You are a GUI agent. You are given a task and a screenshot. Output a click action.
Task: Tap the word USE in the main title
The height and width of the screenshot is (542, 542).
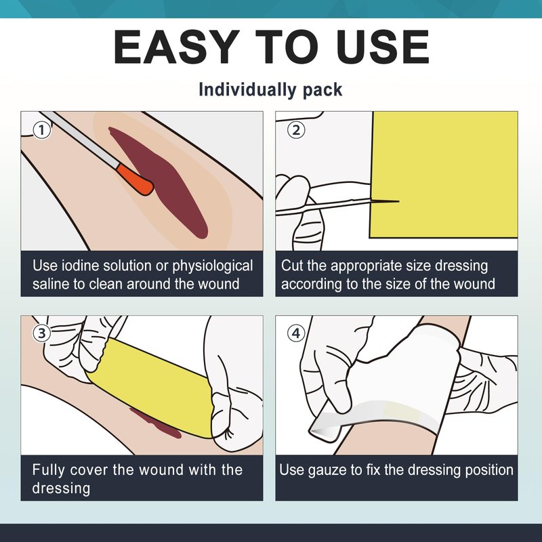(x=384, y=47)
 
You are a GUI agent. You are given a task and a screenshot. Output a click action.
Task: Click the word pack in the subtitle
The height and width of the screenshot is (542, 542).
(x=322, y=91)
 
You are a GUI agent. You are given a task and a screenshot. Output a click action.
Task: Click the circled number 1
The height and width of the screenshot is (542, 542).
(x=42, y=131)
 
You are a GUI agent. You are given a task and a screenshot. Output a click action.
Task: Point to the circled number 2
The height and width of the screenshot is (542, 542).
(x=296, y=131)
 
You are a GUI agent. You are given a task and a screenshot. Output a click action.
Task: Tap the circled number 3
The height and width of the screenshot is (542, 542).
(x=42, y=333)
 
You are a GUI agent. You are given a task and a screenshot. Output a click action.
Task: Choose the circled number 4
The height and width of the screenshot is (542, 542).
(x=296, y=333)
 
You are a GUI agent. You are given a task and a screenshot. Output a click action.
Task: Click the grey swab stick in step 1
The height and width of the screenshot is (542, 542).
(x=80, y=138)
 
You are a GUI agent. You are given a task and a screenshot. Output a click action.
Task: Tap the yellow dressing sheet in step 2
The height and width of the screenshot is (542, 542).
(x=444, y=175)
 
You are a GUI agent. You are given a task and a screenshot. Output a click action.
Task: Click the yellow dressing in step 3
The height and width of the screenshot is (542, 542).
(x=152, y=387)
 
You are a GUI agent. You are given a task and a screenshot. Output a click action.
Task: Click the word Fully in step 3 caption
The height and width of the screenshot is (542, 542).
(x=48, y=470)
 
